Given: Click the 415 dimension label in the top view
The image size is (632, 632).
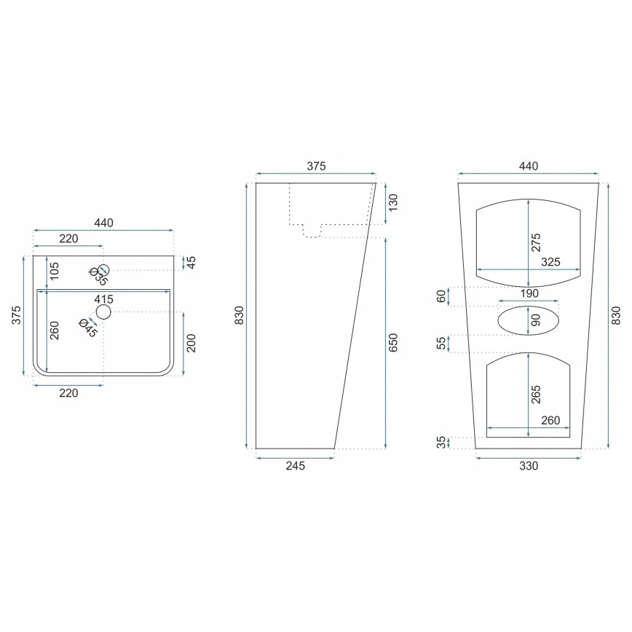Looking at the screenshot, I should click(x=103, y=299).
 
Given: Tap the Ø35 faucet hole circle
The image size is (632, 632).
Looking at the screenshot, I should click(x=103, y=270).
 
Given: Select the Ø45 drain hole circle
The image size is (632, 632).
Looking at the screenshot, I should click(x=103, y=312).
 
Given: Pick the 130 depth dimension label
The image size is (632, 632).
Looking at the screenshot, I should click(x=394, y=202).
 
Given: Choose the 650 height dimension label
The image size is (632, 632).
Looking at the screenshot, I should click(x=394, y=344).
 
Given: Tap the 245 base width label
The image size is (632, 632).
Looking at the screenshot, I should click(x=295, y=466).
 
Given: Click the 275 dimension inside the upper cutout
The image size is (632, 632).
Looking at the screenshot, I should click(x=537, y=242).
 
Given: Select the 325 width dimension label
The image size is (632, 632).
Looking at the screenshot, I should click(x=551, y=262).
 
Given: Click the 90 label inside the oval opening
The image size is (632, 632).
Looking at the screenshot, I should click(x=537, y=320).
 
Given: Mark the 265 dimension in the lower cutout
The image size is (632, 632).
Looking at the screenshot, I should click(x=537, y=394).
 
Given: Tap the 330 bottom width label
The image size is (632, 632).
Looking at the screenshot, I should click(x=529, y=466).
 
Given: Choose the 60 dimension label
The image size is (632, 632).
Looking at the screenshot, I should click(x=441, y=297).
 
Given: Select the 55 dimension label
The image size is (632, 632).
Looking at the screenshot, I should click(x=441, y=343).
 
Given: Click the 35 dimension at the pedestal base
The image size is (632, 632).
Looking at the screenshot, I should click(x=441, y=443).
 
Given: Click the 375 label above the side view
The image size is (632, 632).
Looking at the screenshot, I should click(x=315, y=166).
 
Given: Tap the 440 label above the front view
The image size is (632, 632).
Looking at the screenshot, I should click(x=529, y=166).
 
